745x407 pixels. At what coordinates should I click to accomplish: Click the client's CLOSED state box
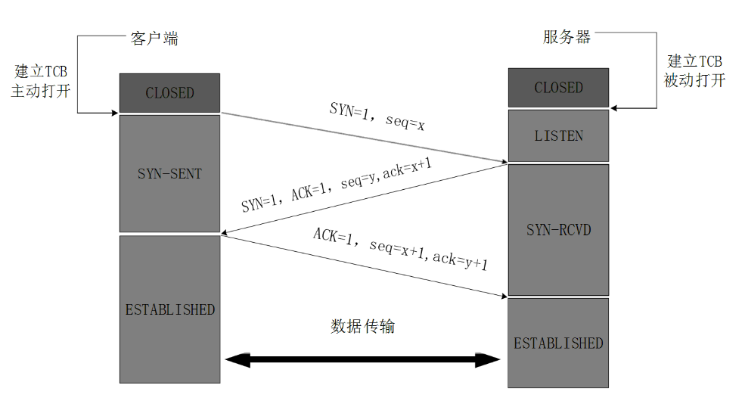point(169,93)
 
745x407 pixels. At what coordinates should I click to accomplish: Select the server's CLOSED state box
point(558,88)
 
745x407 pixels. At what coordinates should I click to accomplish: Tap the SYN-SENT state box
point(169,173)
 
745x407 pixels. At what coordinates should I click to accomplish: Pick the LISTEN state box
point(558,135)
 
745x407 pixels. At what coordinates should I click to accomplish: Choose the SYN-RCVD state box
point(558,230)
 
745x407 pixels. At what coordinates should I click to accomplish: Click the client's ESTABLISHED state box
point(169,309)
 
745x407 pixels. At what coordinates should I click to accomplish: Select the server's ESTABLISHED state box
point(558,343)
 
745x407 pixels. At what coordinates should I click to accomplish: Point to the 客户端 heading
point(154,39)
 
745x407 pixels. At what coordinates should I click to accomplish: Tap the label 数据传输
point(363,327)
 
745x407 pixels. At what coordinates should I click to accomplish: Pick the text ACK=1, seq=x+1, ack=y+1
point(401,249)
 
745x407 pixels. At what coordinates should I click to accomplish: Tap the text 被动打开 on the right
point(694,80)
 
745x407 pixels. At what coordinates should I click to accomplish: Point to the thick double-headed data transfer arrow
point(363,359)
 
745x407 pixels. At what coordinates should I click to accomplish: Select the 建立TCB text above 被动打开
point(694,61)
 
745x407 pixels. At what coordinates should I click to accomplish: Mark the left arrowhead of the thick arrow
point(236,359)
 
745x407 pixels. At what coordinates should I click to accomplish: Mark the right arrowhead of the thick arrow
point(490,359)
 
